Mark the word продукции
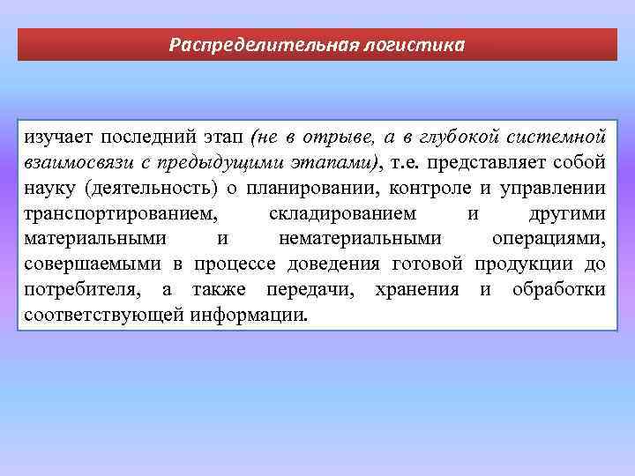point(522,264)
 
